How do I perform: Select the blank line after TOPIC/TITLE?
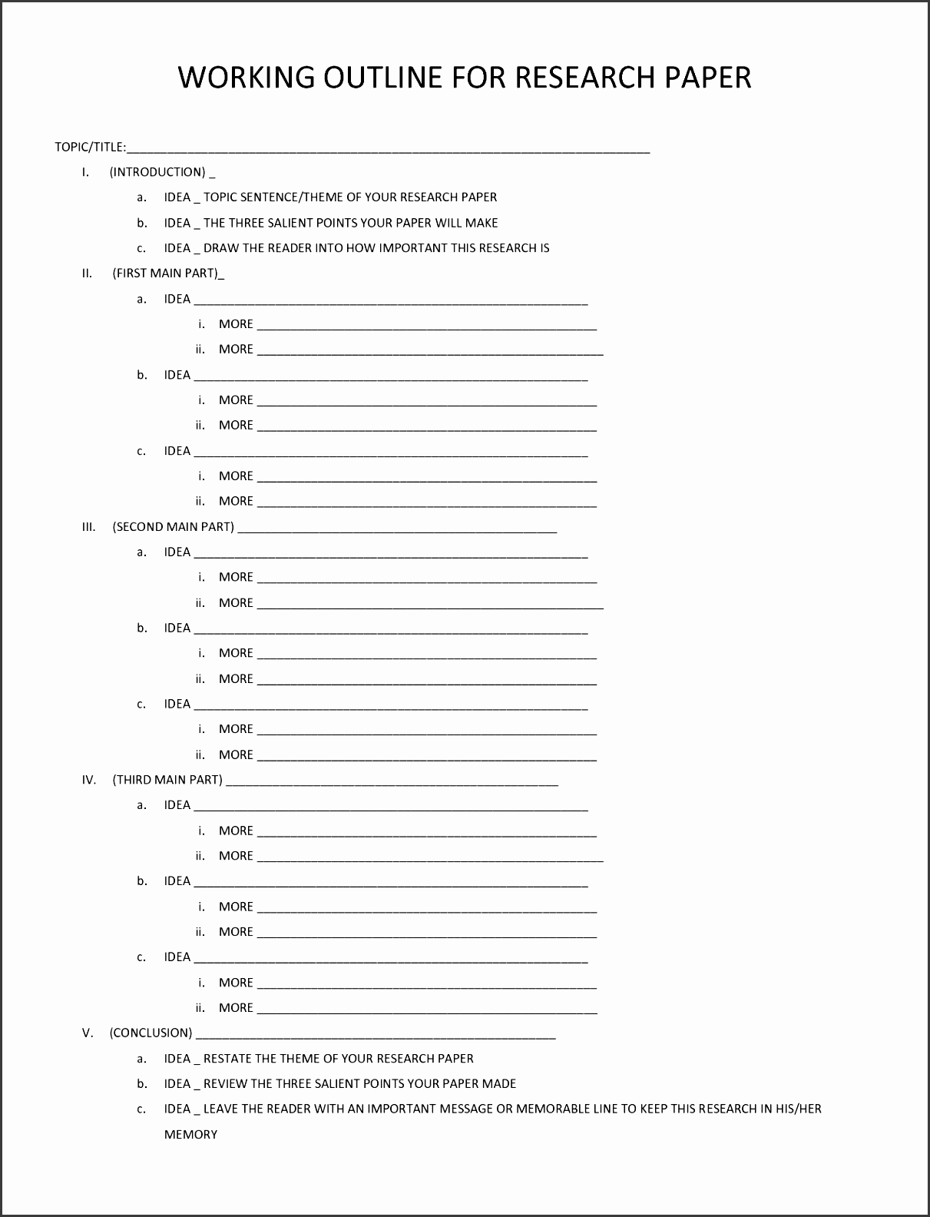pyautogui.click(x=389, y=149)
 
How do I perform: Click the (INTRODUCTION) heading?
pyautogui.click(x=157, y=172)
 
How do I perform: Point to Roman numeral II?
pyautogui.click(x=87, y=273)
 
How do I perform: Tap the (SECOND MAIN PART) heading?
pyautogui.click(x=174, y=527)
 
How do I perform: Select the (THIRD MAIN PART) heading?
pyautogui.click(x=167, y=780)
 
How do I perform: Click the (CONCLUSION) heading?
pyautogui.click(x=151, y=1033)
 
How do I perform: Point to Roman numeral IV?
pyautogui.click(x=89, y=780)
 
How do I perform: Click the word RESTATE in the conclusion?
pyautogui.click(x=227, y=1059)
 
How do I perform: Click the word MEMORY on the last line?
pyautogui.click(x=190, y=1134)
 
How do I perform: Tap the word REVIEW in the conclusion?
pyautogui.click(x=225, y=1084)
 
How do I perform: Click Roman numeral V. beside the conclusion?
pyautogui.click(x=88, y=1033)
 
